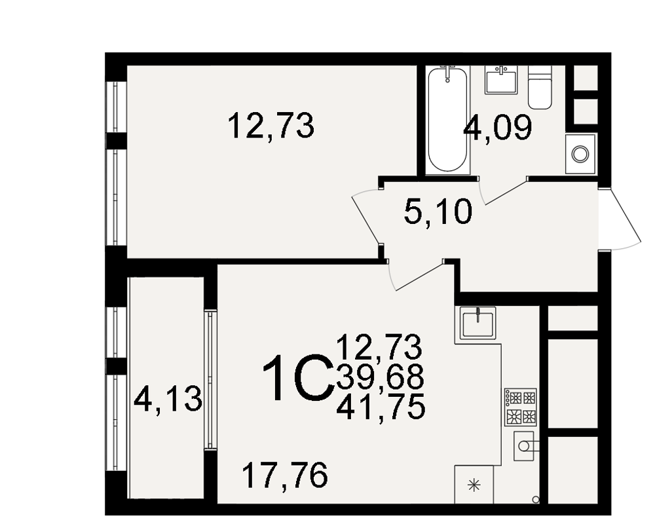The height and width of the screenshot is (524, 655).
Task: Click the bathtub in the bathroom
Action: [x=447, y=119]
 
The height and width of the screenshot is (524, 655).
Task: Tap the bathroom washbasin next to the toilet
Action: [x=501, y=79]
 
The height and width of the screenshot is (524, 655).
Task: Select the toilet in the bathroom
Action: [x=540, y=87]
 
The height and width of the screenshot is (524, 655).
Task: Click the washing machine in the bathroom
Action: [x=580, y=154]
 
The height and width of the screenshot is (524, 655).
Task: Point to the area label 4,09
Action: [x=498, y=128]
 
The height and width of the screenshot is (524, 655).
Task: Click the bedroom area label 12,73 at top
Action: [x=271, y=125]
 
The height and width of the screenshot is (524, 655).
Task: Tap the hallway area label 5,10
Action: [x=438, y=212]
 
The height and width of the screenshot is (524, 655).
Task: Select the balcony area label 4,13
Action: [x=168, y=400]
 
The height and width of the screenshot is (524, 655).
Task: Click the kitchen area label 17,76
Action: [x=285, y=475]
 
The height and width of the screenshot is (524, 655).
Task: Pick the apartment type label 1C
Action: [x=298, y=378]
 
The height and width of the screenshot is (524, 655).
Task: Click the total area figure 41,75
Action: [x=381, y=407]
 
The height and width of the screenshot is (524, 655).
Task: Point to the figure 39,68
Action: [x=380, y=377]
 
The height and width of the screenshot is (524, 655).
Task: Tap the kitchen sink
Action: [x=478, y=323]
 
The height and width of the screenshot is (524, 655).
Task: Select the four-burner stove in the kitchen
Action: [x=521, y=407]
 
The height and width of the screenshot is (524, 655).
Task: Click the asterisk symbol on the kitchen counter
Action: [x=474, y=485]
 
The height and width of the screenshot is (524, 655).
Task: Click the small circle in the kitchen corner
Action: [x=536, y=499]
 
